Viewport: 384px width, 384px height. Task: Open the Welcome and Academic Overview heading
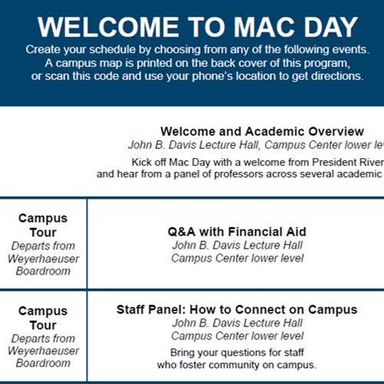click(x=262, y=131)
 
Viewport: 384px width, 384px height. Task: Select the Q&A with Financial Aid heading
click(x=237, y=231)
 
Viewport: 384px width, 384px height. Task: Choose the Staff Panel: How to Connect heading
click(x=237, y=310)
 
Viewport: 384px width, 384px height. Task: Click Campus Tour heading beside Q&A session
click(x=43, y=225)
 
